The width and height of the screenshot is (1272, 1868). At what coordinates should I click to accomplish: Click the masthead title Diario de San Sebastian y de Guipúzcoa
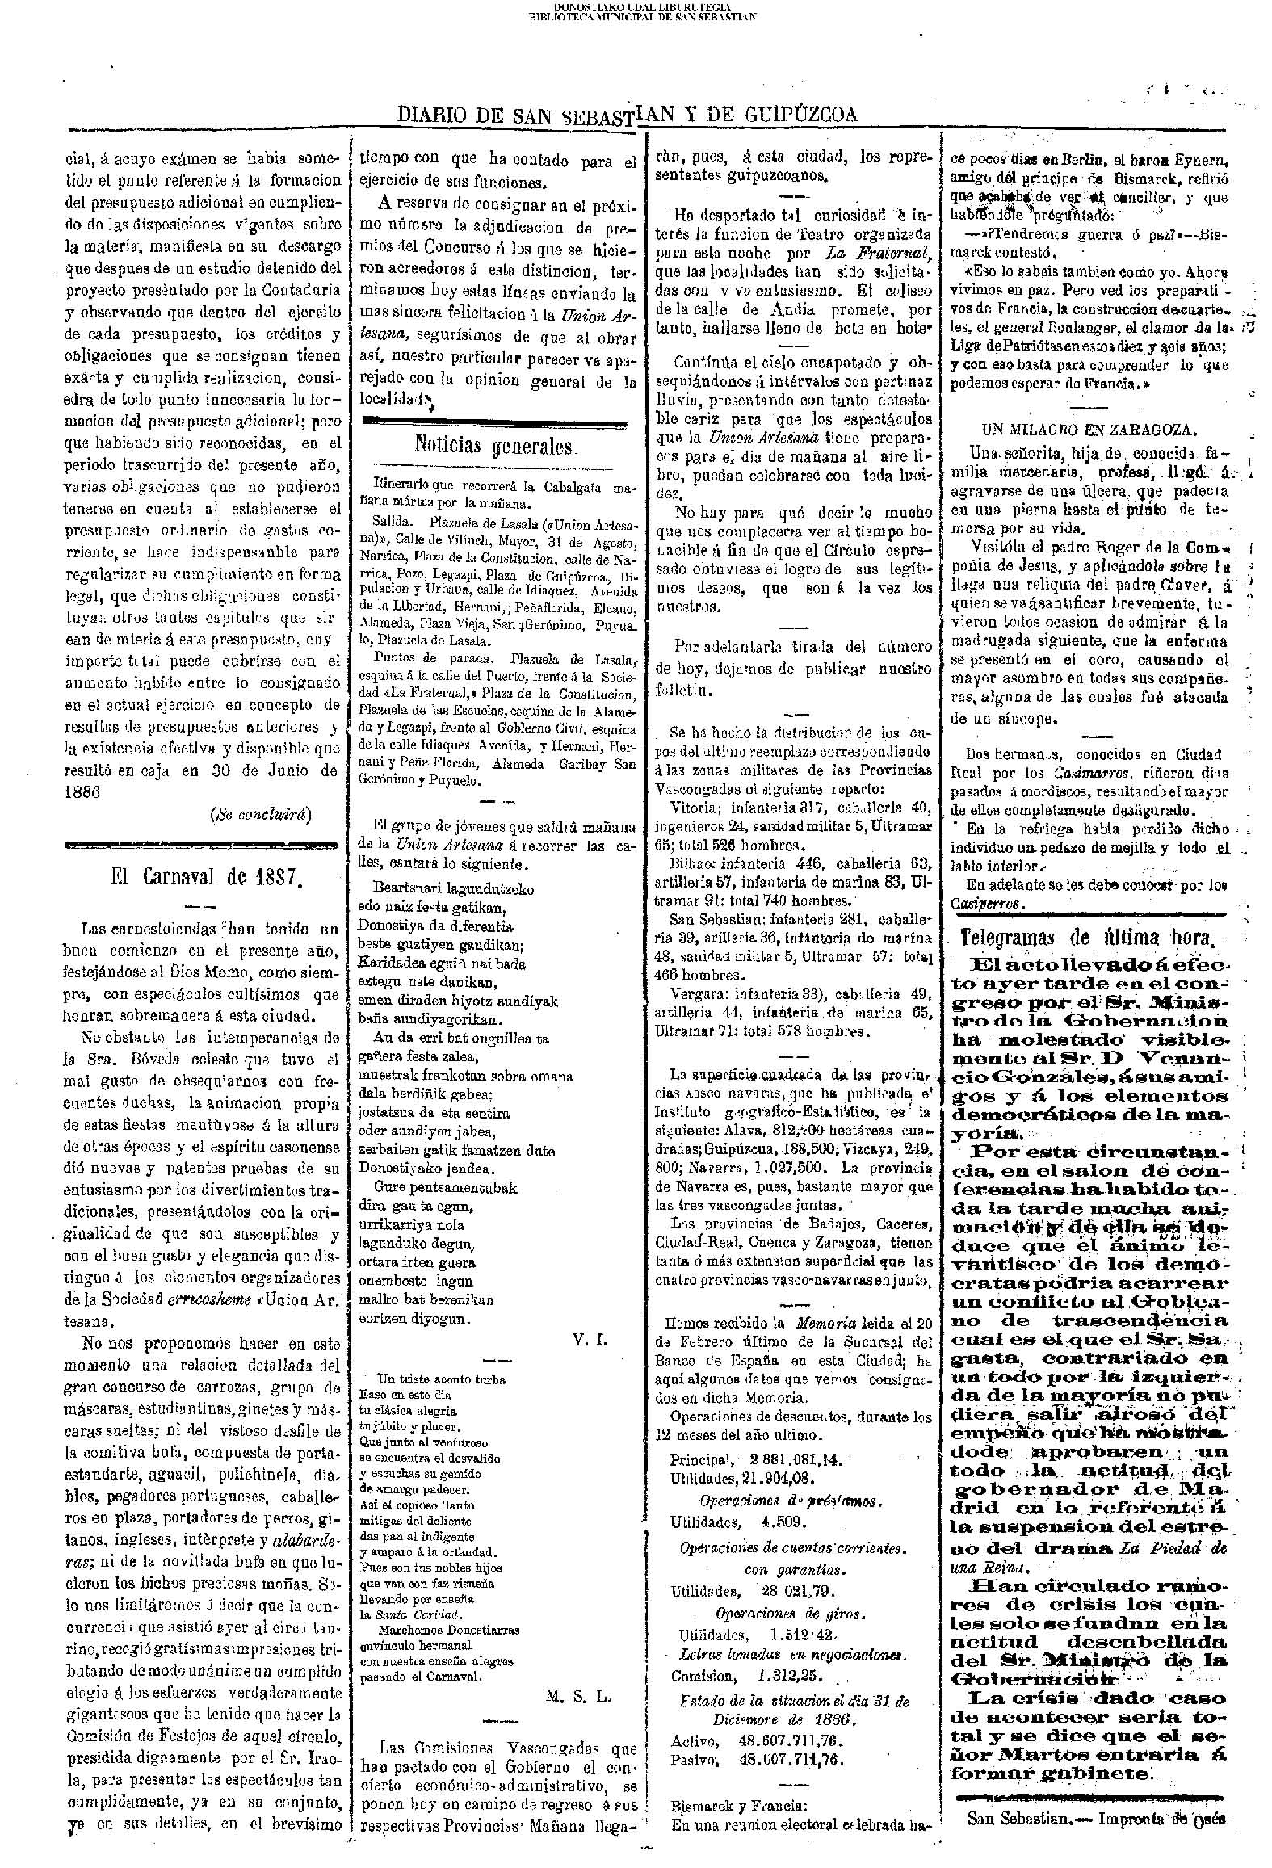[x=628, y=115]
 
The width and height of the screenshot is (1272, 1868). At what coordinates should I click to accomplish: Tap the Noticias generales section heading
[x=495, y=445]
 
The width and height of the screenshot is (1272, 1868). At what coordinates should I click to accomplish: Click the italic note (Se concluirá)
[x=261, y=813]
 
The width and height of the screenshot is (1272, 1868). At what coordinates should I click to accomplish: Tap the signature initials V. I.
[x=591, y=1339]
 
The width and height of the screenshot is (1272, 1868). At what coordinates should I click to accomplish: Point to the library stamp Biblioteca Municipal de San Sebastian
[x=642, y=15]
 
